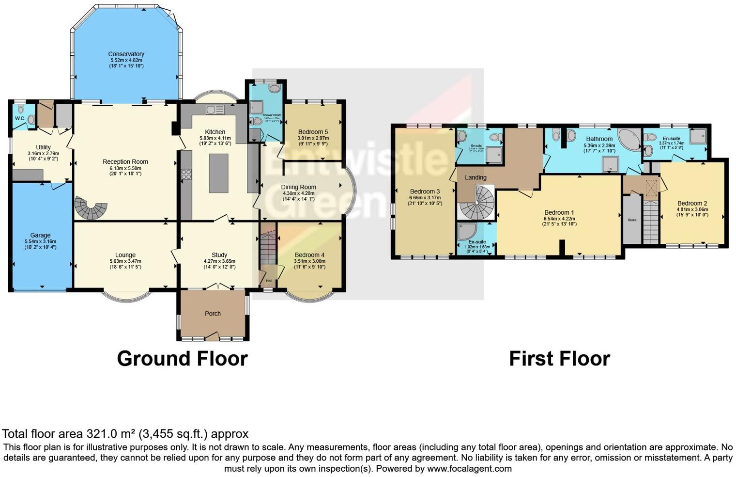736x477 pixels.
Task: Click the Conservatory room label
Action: click(126, 54)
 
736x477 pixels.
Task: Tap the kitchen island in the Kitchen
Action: click(218, 173)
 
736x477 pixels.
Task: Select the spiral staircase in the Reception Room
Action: click(91, 208)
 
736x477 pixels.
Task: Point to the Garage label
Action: click(40, 236)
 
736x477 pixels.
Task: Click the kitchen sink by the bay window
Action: click(214, 110)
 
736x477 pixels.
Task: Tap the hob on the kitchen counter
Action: click(186, 175)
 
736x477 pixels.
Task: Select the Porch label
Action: click(213, 314)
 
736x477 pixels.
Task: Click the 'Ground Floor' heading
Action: click(182, 359)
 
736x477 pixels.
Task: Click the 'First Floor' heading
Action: click(559, 359)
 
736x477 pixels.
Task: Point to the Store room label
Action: click(631, 220)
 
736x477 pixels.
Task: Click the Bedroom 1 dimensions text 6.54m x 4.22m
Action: click(559, 219)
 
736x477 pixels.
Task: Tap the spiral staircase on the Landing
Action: click(477, 204)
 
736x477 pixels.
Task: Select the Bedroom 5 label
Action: click(313, 132)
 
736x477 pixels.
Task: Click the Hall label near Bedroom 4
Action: click(269, 281)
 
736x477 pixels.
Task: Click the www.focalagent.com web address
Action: click(469, 469)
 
